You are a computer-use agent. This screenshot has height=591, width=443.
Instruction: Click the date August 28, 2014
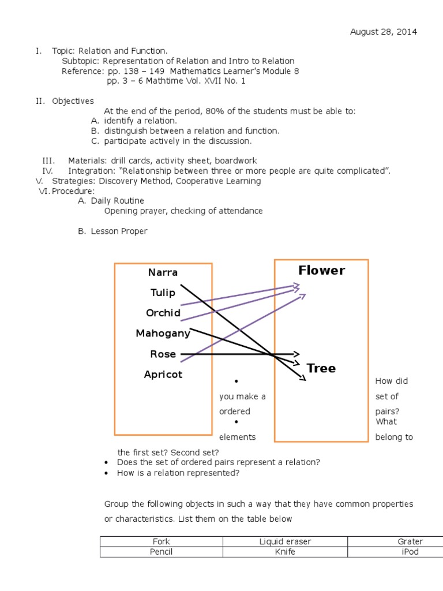click(x=384, y=32)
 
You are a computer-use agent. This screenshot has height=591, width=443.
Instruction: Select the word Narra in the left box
click(x=163, y=272)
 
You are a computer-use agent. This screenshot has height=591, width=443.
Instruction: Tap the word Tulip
click(x=163, y=293)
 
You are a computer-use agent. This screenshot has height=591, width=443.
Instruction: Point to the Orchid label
click(x=163, y=313)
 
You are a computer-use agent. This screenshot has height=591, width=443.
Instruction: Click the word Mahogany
click(x=163, y=333)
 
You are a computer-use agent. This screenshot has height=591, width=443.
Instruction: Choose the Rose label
click(x=163, y=354)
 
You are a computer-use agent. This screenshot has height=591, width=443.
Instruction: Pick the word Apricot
click(x=163, y=375)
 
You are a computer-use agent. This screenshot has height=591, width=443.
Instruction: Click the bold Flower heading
click(x=321, y=271)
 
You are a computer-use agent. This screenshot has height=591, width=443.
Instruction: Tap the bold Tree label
click(x=321, y=368)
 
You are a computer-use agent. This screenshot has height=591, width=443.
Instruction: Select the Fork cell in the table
click(x=161, y=541)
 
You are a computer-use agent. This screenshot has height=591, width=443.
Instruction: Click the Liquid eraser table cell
click(x=285, y=541)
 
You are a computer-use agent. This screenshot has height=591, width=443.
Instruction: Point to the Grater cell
click(x=410, y=541)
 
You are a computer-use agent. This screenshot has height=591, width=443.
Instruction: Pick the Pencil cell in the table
click(x=161, y=552)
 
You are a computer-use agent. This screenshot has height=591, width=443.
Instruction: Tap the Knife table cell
click(x=285, y=552)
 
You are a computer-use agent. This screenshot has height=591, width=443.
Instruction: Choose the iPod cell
click(x=410, y=552)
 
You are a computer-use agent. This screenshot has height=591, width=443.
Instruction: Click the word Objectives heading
click(x=73, y=101)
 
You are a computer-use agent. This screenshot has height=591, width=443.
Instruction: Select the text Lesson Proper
click(x=119, y=231)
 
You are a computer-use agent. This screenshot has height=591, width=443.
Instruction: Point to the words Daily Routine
click(x=118, y=201)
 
